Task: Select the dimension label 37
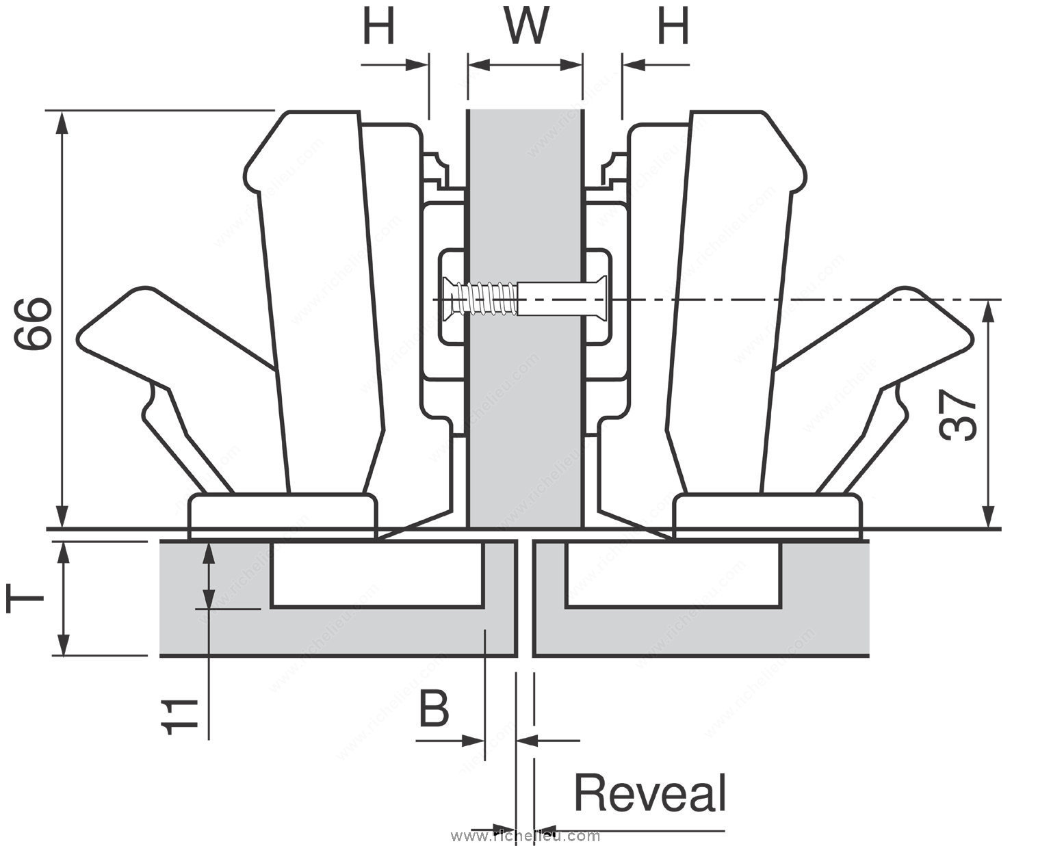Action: pyautogui.click(x=958, y=416)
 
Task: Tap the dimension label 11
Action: pyautogui.click(x=181, y=717)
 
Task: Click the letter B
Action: pyautogui.click(x=434, y=710)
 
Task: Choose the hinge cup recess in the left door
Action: pyautogui.click(x=378, y=573)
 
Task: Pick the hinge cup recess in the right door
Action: pyautogui.click(x=672, y=573)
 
